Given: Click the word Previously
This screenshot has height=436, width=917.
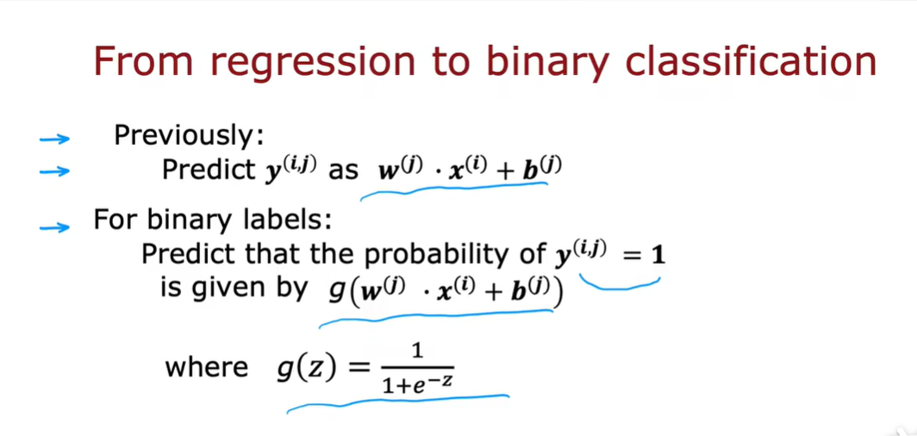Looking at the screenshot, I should (188, 136).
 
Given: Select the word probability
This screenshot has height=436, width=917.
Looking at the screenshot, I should (452, 255).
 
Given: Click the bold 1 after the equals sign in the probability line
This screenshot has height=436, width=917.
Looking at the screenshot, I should (658, 255).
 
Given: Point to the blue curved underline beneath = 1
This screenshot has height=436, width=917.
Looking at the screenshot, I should (621, 283).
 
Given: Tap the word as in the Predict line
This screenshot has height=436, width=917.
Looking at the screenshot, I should (343, 170).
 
